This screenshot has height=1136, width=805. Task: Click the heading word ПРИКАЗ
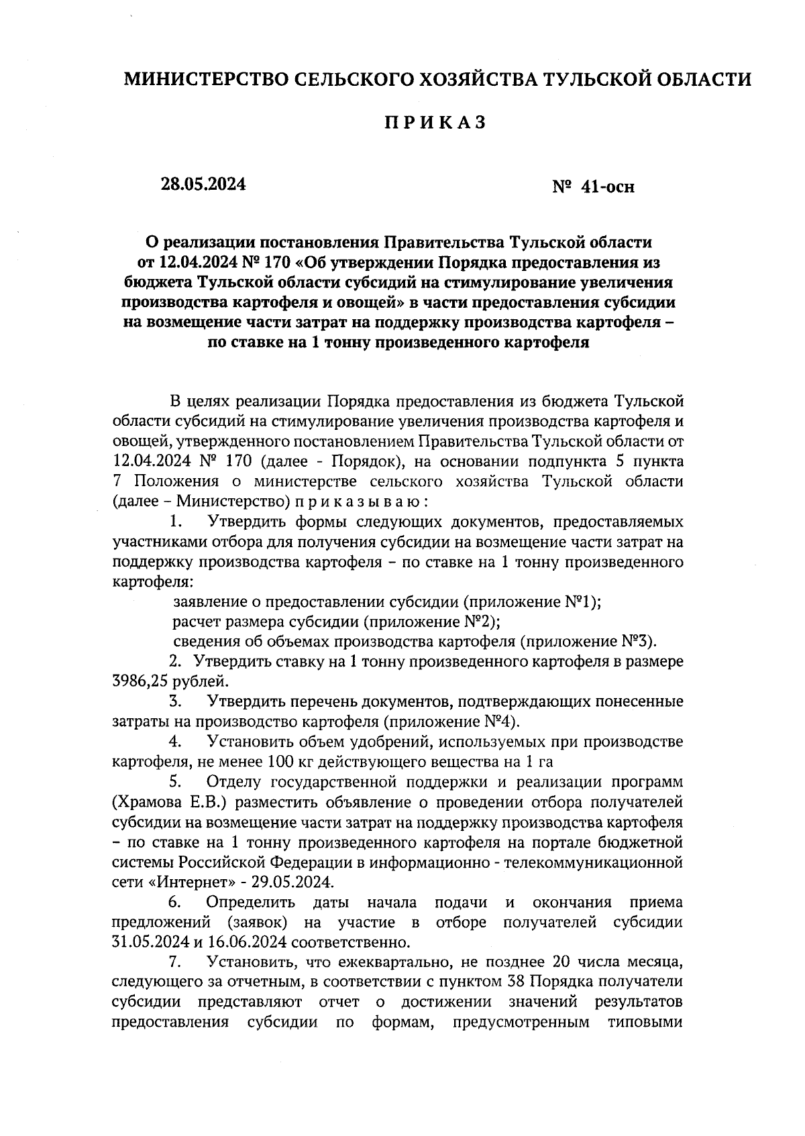[434, 123]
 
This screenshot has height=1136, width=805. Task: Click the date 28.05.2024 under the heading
[203, 184]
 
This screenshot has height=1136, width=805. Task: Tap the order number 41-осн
[608, 187]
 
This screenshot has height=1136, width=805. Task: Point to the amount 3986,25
[140, 682]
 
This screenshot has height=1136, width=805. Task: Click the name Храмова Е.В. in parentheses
[162, 802]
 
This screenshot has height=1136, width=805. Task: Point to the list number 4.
[176, 742]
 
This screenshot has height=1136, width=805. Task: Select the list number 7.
[176, 962]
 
